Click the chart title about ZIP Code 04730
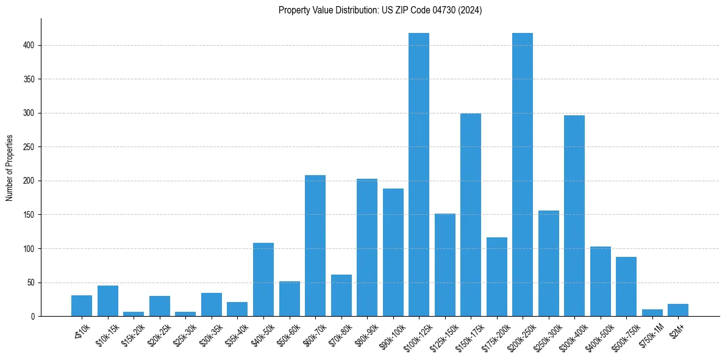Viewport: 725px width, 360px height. coord(380,10)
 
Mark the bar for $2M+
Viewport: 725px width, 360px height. coord(678,310)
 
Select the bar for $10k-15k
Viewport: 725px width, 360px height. coord(108,301)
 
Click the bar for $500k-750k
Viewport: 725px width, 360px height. coord(626,287)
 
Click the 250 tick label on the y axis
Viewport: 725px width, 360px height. coord(30,147)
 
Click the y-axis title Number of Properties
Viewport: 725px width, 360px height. coord(10,168)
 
